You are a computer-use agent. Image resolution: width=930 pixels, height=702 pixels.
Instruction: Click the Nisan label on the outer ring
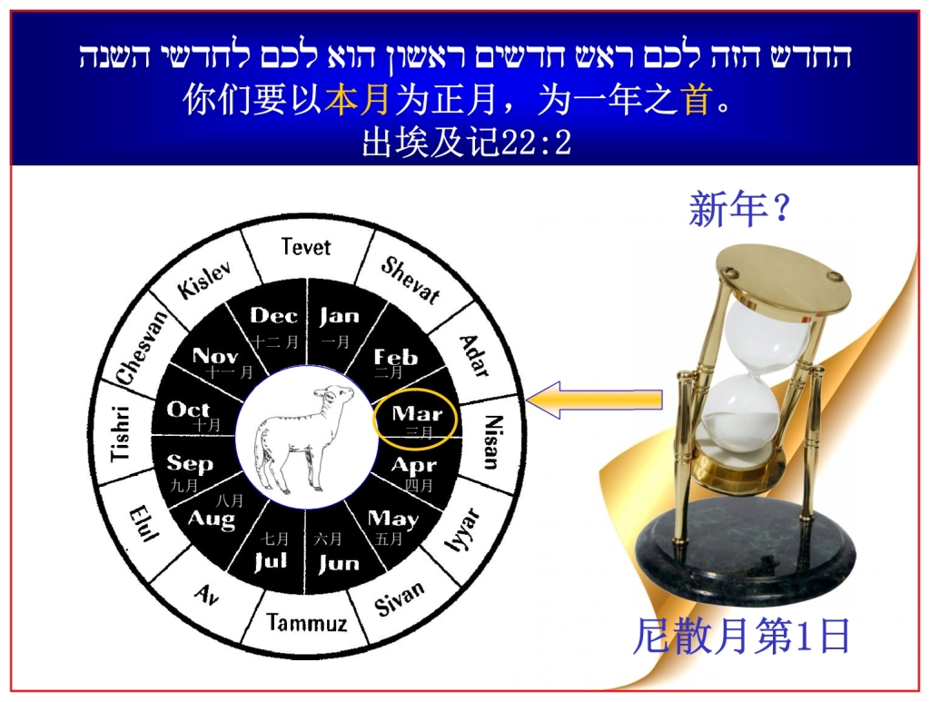coord(491,441)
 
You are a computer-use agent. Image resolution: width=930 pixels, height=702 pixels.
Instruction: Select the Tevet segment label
coord(306,247)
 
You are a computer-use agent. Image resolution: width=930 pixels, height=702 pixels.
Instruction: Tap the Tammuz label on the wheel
coord(306,623)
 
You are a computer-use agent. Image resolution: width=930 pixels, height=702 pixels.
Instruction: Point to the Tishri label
coord(121,433)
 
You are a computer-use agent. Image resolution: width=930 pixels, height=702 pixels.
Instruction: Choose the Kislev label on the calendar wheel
coord(205,278)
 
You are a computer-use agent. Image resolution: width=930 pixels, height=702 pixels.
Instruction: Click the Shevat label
coord(411,279)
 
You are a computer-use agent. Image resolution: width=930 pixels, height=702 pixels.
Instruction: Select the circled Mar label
coord(417,415)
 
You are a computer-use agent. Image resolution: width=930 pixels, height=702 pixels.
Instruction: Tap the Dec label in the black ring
coord(273,316)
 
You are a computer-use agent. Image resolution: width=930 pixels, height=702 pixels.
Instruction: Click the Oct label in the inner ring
coord(189,410)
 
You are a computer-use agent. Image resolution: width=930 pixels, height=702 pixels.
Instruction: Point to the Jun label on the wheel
coord(340,563)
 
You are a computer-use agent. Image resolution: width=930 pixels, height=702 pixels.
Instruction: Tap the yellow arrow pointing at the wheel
coord(594,400)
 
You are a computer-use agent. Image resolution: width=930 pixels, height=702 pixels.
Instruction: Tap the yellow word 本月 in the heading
coord(357,99)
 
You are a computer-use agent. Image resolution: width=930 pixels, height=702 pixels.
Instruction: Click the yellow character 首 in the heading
coord(697,99)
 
